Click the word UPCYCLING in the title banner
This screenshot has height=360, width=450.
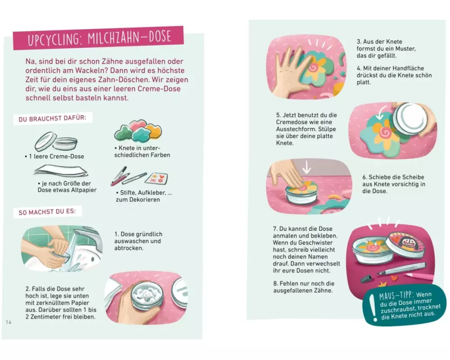pos(54,40)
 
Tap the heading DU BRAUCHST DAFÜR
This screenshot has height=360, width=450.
pos(52,118)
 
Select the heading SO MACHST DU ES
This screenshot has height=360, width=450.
pos(47,212)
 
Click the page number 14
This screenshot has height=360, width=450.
pos(9,322)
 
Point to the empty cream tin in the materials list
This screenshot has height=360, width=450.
pos(56,142)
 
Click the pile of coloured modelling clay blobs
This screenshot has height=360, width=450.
pos(138,130)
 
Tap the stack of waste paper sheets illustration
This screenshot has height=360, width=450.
pos(61,171)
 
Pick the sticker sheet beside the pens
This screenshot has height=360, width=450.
pos(157,178)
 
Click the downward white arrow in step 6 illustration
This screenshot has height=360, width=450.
pos(306,167)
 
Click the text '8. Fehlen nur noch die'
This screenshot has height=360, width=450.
pos(304,283)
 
